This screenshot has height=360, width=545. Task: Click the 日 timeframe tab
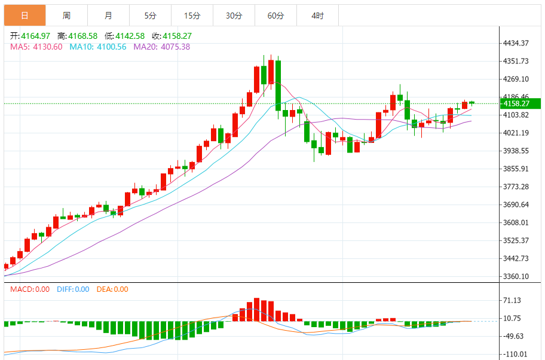pyautogui.click(x=24, y=16)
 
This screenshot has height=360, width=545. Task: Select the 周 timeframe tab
pyautogui.click(x=66, y=16)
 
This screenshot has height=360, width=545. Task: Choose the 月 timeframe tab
pyautogui.click(x=108, y=16)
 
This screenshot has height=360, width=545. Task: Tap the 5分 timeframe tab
pyautogui.click(x=150, y=16)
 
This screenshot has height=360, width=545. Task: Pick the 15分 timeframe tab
pyautogui.click(x=192, y=16)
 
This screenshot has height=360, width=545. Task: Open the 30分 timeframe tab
pyautogui.click(x=234, y=16)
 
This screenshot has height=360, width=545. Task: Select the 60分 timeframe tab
pyautogui.click(x=275, y=16)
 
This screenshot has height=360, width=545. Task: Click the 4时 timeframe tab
pyautogui.click(x=317, y=16)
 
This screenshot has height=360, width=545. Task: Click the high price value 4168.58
pyautogui.click(x=83, y=36)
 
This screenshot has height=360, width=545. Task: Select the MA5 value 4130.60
pyautogui.click(x=48, y=47)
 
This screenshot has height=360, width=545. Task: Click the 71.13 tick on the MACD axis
pyautogui.click(x=513, y=300)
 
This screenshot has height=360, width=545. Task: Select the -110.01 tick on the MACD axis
pyautogui.click(x=515, y=354)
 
